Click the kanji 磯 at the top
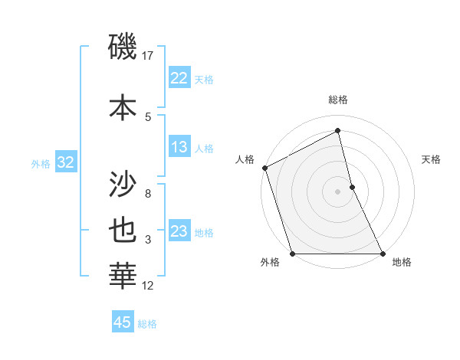[x=123, y=48]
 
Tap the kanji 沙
[x=123, y=185]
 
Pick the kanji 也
[x=123, y=232]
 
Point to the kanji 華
[x=123, y=276]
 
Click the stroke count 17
[x=149, y=56]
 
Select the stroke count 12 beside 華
[x=148, y=286]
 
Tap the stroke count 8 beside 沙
[x=148, y=194]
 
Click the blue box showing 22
[x=179, y=78]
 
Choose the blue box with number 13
[x=179, y=147]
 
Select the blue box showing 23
[x=179, y=231]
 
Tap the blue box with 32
[x=65, y=162]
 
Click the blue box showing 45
[x=123, y=322]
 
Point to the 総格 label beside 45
[x=147, y=324]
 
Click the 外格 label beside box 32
[x=41, y=163]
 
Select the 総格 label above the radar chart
[x=338, y=100]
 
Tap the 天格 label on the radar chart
[x=432, y=159]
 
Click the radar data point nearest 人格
[x=264, y=168]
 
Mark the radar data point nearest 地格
[x=382, y=254]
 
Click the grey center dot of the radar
[x=338, y=191]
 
